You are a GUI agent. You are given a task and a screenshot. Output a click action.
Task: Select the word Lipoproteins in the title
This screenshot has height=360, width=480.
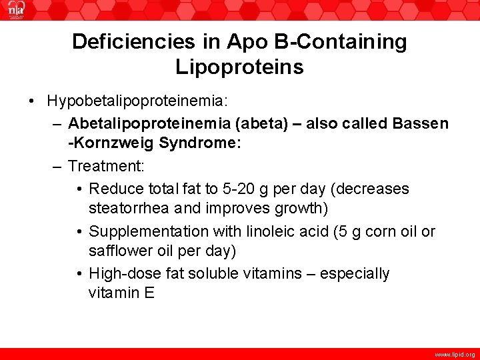[x=239, y=67]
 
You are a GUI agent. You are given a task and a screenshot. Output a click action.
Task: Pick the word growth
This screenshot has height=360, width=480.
[x=297, y=209]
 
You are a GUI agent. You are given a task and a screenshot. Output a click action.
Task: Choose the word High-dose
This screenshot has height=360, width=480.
[x=122, y=273]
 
